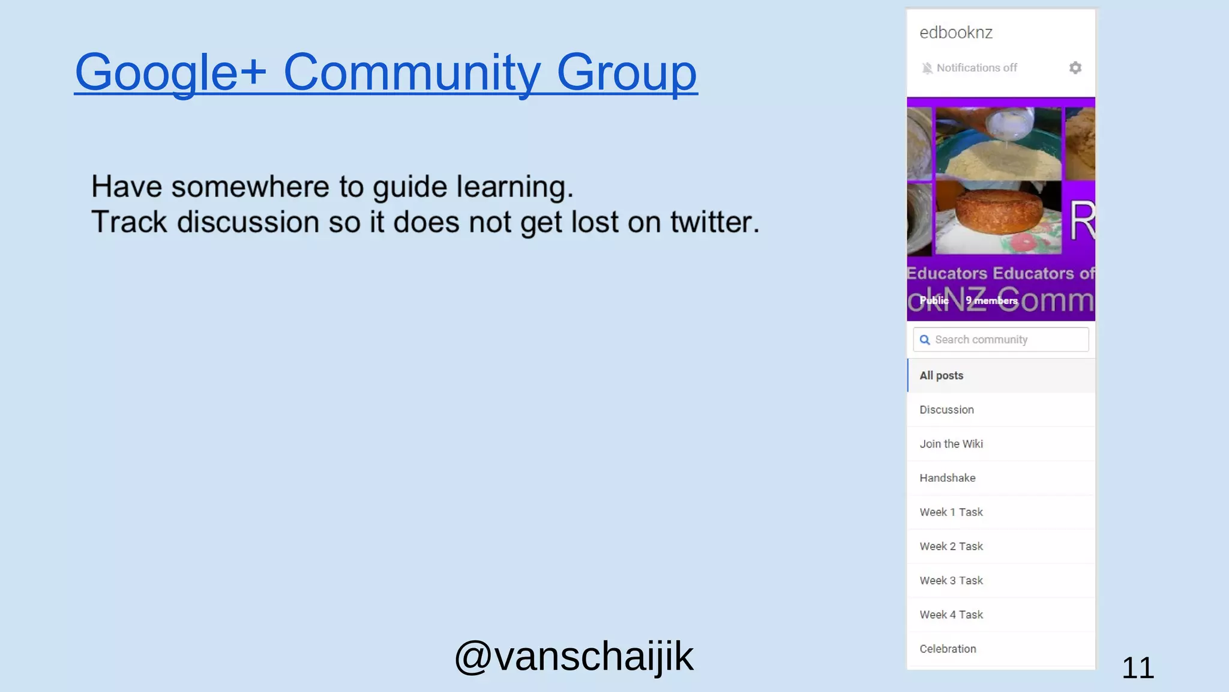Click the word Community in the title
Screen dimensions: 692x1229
click(x=412, y=73)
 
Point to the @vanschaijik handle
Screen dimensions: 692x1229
click(x=574, y=656)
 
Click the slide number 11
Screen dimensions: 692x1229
click(x=1137, y=668)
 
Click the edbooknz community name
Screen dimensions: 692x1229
click(x=956, y=32)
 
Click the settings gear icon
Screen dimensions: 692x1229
click(x=1075, y=68)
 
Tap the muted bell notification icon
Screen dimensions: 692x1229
click(x=927, y=68)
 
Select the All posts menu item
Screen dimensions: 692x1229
click(x=942, y=375)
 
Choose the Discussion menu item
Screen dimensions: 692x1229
click(x=947, y=410)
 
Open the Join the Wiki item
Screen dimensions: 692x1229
click(x=951, y=444)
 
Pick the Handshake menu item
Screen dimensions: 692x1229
click(x=948, y=478)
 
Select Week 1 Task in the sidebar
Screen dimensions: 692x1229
click(x=951, y=512)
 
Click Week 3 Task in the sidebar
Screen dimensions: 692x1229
click(x=951, y=581)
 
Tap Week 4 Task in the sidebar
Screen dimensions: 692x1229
click(x=951, y=615)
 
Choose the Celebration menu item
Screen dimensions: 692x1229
click(x=948, y=649)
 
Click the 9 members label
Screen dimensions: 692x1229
click(x=991, y=300)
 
